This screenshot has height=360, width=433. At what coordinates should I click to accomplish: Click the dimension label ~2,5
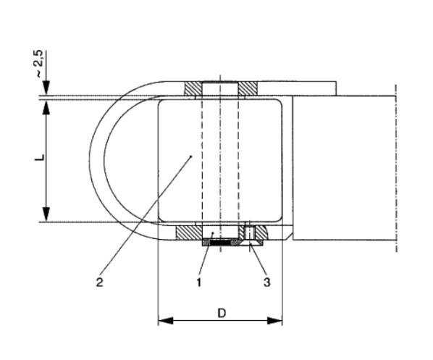point(39,64)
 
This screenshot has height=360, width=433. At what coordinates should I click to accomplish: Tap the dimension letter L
point(40,157)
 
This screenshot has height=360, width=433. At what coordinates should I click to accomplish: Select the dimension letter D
point(222,313)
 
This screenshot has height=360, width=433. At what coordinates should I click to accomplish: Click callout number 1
point(199,282)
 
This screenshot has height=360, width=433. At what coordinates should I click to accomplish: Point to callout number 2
point(99,282)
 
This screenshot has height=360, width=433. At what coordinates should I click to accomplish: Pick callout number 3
point(266,282)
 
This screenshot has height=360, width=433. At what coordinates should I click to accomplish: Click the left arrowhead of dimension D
point(165,321)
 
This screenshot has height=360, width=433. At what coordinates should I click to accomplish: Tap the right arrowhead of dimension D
point(274,321)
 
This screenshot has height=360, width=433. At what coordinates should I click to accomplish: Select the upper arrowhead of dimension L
point(46,106)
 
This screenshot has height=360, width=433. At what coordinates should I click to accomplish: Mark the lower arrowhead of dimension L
point(46,214)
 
